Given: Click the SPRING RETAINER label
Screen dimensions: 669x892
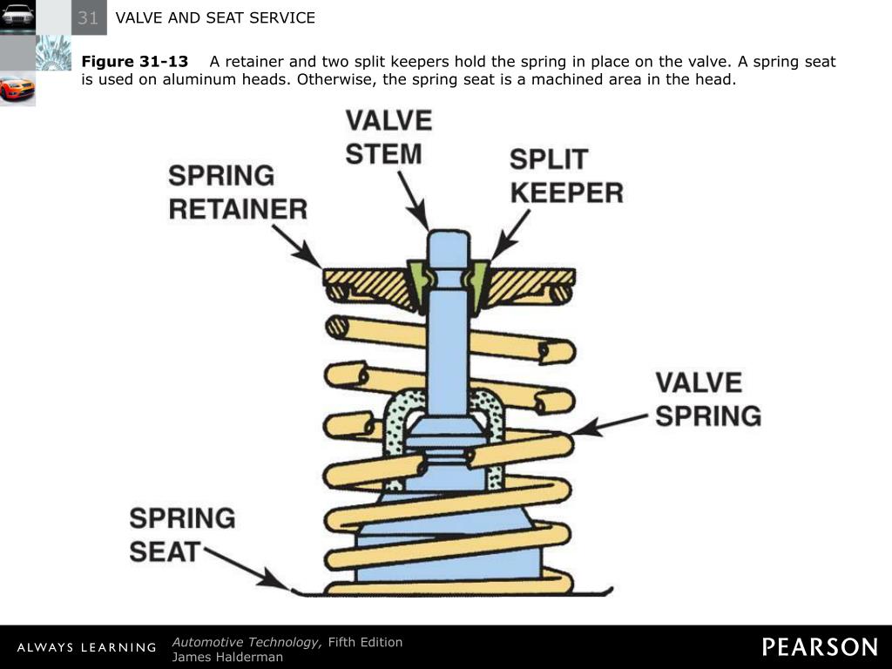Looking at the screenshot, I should [x=237, y=193].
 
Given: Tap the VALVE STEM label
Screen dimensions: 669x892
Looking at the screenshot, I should [x=389, y=137].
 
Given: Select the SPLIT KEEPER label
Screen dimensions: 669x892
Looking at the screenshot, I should [x=566, y=176].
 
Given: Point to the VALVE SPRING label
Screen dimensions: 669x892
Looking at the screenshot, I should [x=707, y=399].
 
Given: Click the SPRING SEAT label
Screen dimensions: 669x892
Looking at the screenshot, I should [x=181, y=534].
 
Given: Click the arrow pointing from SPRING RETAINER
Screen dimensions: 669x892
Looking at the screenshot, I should [x=296, y=245].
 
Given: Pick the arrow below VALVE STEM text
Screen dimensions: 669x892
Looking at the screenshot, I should [x=413, y=200].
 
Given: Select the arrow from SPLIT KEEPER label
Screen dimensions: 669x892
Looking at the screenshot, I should [x=510, y=234].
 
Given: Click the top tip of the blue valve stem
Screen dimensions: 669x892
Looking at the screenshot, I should [x=449, y=234].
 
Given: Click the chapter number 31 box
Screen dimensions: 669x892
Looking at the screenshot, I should [x=88, y=17].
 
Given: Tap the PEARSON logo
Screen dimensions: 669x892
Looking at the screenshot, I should [x=820, y=646].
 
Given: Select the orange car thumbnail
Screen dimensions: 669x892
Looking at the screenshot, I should [x=17, y=88].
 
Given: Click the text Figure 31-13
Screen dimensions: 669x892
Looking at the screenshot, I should [x=134, y=62].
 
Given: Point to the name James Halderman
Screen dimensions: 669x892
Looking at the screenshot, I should [x=227, y=657].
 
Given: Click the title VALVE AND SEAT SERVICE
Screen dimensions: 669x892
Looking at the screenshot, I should [x=215, y=17].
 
